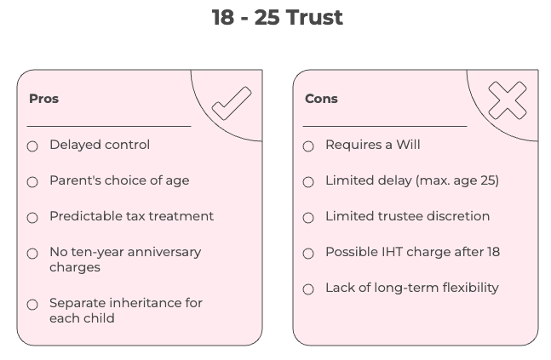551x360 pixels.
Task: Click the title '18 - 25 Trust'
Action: pos(277,18)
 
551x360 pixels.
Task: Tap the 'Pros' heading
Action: pos(43,99)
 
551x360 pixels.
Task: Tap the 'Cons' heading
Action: pos(321,99)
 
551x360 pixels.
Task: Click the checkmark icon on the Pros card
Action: pos(231,103)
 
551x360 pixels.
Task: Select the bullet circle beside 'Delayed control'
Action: pos(32,146)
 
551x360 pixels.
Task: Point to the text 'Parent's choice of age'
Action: pos(119,180)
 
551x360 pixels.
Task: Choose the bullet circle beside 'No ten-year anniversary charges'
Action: pos(32,254)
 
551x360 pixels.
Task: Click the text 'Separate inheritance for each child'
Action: pos(125,311)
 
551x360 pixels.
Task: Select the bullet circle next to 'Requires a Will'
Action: pos(308,146)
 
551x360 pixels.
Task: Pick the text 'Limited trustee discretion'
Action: pos(407,216)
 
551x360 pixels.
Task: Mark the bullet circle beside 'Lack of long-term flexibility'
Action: pos(308,289)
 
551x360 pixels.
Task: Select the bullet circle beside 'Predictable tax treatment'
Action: pos(32,218)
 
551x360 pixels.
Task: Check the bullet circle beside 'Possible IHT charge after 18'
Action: pos(308,254)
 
